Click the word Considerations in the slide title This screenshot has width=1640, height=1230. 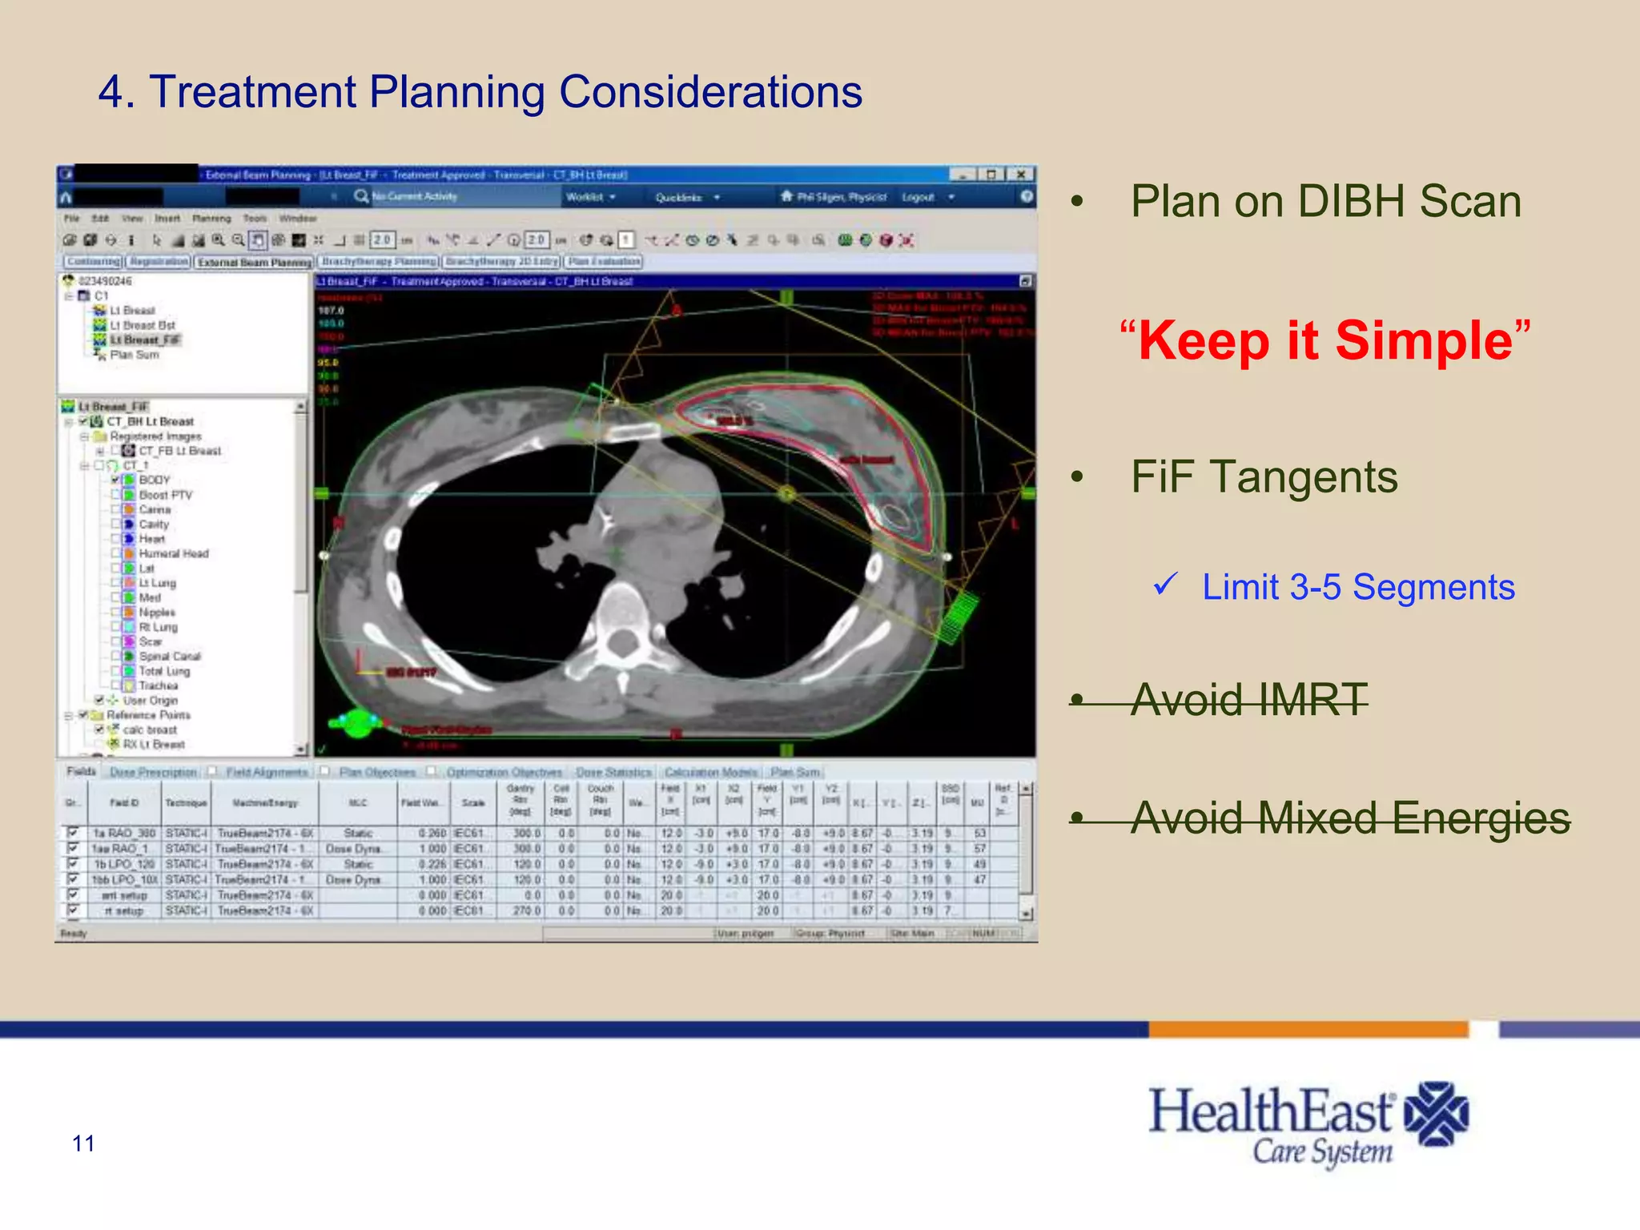click(x=710, y=92)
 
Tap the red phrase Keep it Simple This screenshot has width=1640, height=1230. click(x=1325, y=341)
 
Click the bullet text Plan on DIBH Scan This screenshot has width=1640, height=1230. click(x=1325, y=202)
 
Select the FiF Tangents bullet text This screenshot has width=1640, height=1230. click(x=1264, y=477)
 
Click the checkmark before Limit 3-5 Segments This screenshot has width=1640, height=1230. click(x=1165, y=585)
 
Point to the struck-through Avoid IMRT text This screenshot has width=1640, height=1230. click(x=1249, y=700)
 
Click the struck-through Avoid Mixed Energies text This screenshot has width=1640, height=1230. click(x=1350, y=818)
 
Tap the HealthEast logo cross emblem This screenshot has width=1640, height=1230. click(x=1437, y=1114)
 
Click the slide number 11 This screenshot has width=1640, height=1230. click(x=83, y=1144)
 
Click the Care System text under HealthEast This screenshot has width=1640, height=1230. click(x=1322, y=1152)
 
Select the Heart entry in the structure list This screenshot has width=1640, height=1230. click(x=151, y=539)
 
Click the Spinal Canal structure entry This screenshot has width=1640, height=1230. click(x=170, y=657)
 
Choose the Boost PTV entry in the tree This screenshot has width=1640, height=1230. click(x=165, y=495)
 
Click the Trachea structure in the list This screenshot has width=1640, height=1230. click(x=158, y=685)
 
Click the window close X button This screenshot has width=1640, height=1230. click(x=1021, y=175)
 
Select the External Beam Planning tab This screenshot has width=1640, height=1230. click(x=254, y=262)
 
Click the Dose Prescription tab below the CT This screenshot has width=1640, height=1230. click(x=153, y=772)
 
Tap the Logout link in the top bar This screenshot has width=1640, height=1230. click(x=918, y=197)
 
